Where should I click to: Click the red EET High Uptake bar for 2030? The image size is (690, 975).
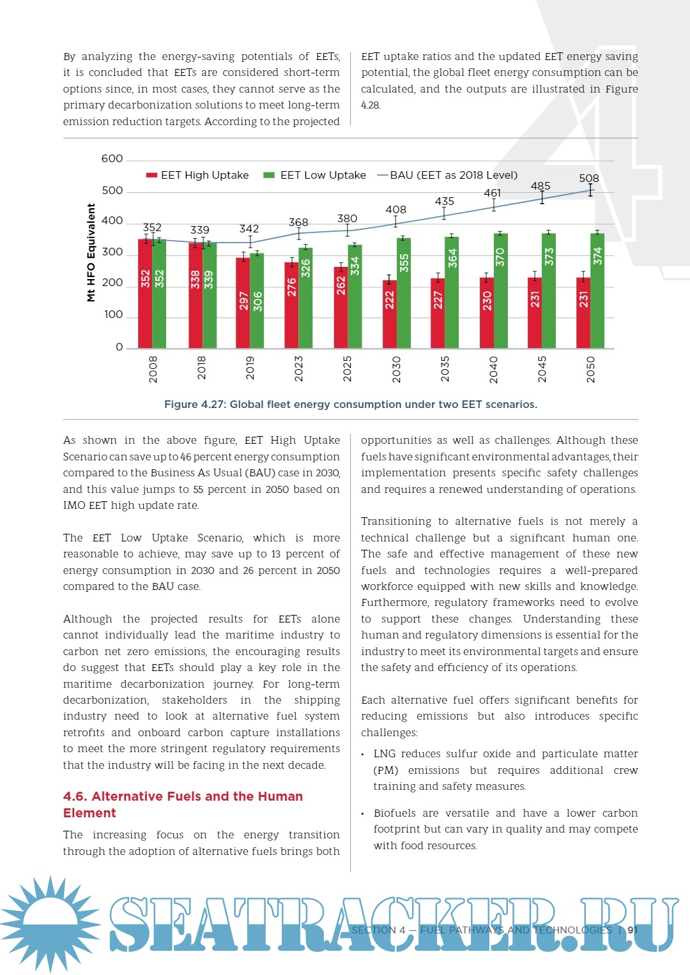[x=390, y=314]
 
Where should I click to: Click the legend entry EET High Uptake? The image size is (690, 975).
[x=198, y=175]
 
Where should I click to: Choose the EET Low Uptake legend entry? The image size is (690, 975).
[x=316, y=175]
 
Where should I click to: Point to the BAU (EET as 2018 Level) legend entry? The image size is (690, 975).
[x=447, y=175]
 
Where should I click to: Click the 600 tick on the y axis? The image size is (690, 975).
[x=112, y=159]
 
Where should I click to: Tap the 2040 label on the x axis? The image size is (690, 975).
[x=493, y=370]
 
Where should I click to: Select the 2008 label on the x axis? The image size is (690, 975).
[x=153, y=370]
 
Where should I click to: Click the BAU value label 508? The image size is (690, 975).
[x=588, y=178]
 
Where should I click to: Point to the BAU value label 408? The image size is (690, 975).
[x=395, y=209]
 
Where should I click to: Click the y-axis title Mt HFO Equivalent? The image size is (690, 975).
[x=91, y=252]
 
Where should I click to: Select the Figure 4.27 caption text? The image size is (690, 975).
[x=350, y=404]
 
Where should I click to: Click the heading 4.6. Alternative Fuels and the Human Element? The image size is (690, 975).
[x=183, y=805]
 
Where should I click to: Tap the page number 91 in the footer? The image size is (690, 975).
[x=632, y=930]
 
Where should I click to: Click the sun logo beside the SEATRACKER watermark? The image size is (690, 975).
[x=50, y=923]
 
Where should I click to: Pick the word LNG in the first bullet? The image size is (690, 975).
[x=385, y=754]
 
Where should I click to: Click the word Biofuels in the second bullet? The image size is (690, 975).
[x=394, y=813]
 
